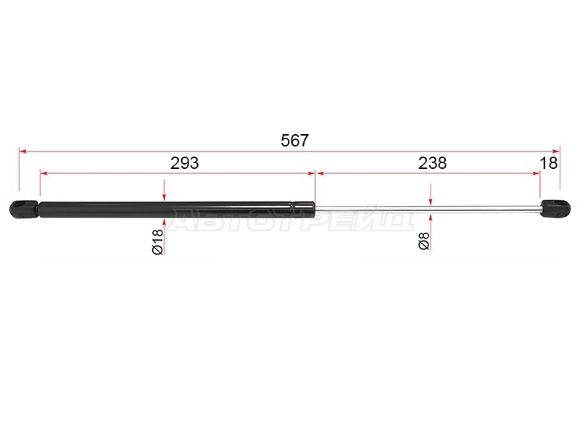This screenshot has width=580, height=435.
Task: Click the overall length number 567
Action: point(294,141)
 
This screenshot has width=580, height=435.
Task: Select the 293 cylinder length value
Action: point(185,163)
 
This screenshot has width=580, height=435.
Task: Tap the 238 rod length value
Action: point(432,163)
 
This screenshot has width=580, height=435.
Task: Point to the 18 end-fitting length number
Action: point(549,163)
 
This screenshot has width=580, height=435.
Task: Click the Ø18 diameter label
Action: point(157,241)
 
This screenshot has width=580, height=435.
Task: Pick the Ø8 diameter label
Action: point(424,241)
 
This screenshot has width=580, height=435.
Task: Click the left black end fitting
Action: point(24,209)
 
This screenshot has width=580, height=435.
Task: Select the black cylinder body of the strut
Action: point(177,210)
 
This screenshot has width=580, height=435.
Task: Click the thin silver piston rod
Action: point(428,210)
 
